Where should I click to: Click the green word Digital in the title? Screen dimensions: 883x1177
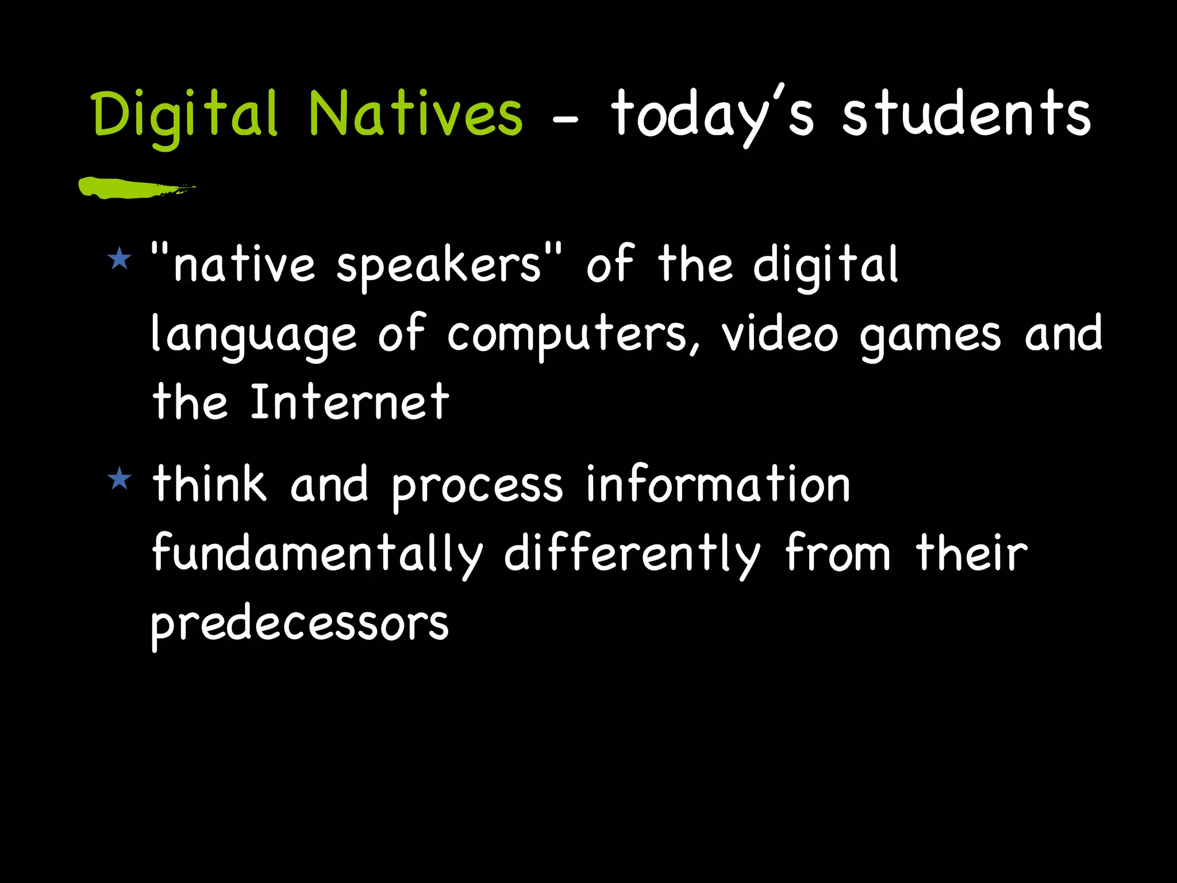tap(184, 115)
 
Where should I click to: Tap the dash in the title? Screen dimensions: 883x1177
tap(566, 121)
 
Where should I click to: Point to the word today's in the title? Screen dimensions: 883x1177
tap(711, 115)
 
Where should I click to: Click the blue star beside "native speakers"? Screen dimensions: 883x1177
tap(120, 258)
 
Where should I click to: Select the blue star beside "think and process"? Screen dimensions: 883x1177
tap(120, 478)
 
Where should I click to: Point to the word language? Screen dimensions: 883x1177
tap(253, 335)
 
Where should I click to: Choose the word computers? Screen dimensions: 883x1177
tap(574, 335)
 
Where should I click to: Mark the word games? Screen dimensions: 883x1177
tap(930, 336)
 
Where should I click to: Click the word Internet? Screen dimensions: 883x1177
tap(349, 402)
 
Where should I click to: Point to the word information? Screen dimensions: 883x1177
tap(717, 484)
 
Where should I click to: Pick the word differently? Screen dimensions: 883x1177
tap(632, 553)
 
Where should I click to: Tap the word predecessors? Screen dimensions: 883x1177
tap(299, 624)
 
